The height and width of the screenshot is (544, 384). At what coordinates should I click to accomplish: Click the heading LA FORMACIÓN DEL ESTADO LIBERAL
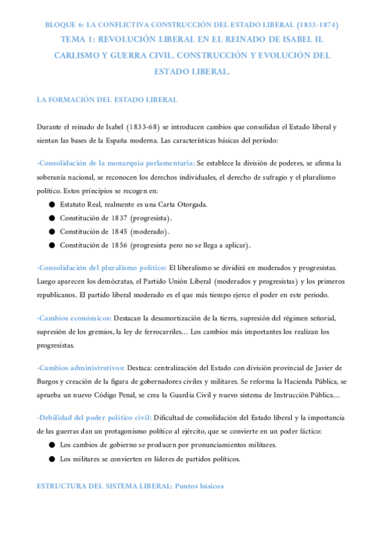[x=107, y=100]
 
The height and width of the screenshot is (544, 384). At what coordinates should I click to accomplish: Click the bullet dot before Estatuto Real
[x=51, y=205]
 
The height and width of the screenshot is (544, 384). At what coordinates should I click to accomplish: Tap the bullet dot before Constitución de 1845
[x=51, y=232]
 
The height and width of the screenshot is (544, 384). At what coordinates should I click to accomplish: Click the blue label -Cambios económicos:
[x=74, y=318]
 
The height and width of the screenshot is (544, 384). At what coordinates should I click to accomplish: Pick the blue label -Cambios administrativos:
[x=80, y=368]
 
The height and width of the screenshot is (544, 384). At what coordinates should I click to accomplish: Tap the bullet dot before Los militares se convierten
[x=51, y=459]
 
